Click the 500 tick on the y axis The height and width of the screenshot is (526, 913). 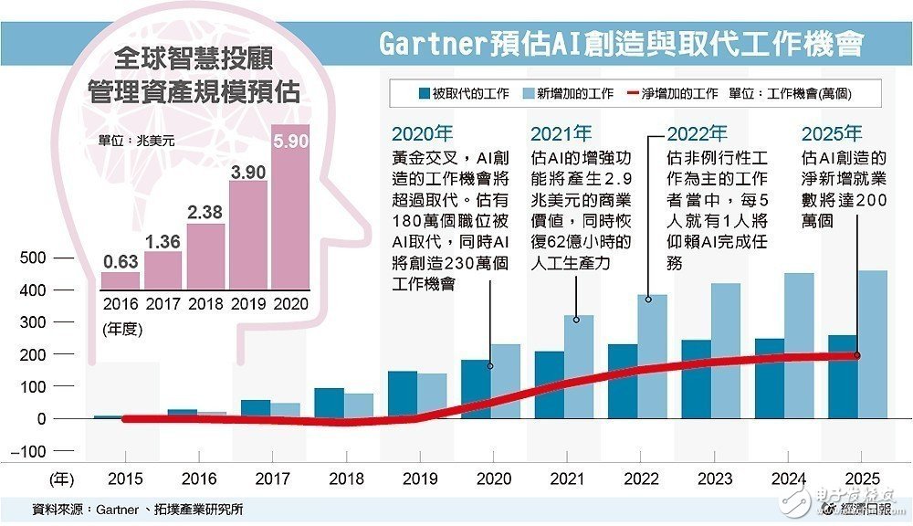point(34,258)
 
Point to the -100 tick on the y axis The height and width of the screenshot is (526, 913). point(31,451)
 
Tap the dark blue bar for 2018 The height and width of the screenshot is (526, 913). point(329,403)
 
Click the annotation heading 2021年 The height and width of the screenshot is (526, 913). point(561,133)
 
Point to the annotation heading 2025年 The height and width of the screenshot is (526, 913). point(831,133)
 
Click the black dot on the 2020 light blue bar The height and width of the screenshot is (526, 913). point(490,366)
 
